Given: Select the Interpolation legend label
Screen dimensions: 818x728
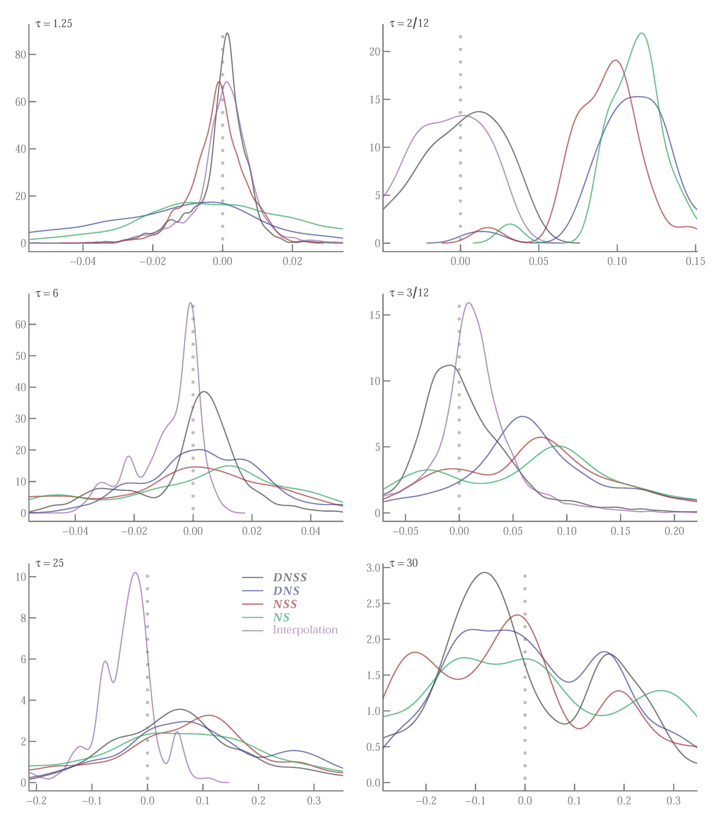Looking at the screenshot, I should (x=305, y=630).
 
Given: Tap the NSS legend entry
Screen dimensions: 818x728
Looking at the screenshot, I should (x=285, y=604).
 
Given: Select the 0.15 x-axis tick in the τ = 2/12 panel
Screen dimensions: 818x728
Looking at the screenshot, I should (x=695, y=262).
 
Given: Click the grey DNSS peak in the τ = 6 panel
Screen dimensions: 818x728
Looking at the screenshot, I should (x=204, y=392).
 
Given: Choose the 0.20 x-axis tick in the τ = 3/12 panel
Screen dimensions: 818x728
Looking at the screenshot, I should (x=674, y=532).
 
